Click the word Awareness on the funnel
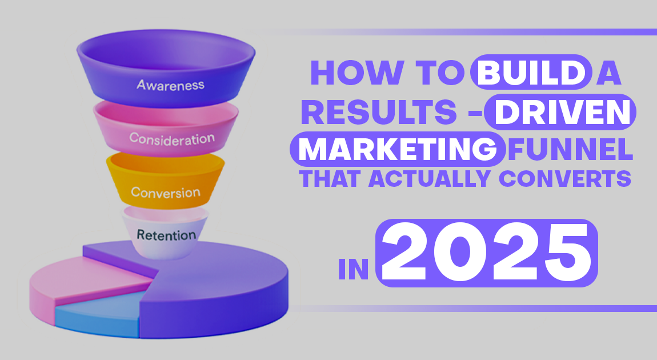pyautogui.click(x=170, y=85)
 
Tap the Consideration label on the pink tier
pyautogui.click(x=171, y=138)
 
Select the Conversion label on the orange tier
pyautogui.click(x=166, y=191)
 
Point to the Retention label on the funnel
pyautogui.click(x=166, y=234)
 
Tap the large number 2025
pyautogui.click(x=487, y=252)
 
